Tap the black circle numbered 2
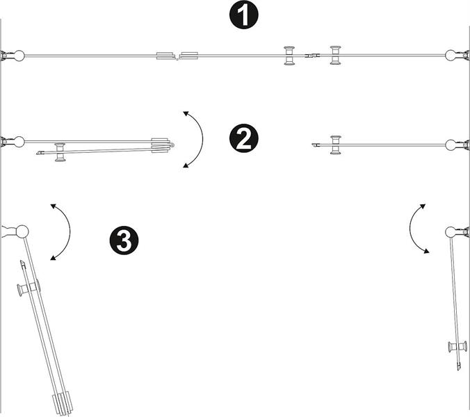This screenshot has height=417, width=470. (243, 139)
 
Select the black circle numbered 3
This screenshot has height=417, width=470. (124, 241)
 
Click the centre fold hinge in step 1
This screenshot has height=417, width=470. (178, 56)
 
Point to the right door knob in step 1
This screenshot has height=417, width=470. (337, 56)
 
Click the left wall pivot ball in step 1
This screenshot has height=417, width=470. (19, 56)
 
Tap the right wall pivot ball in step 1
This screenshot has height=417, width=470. (450, 56)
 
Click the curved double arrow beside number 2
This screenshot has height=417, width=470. (197, 139)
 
